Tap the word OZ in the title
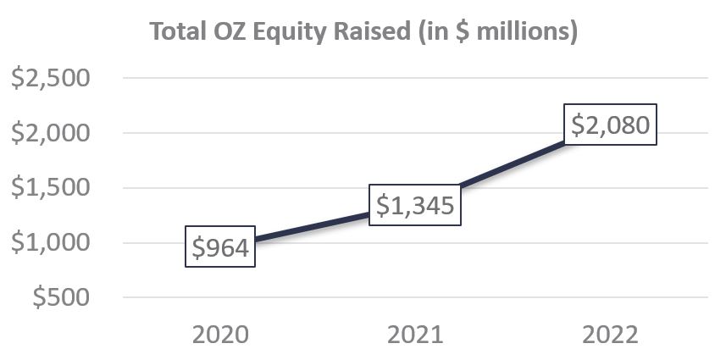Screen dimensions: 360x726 [233, 31]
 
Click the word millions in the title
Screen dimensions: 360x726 [524, 31]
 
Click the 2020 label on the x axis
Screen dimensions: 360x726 [220, 334]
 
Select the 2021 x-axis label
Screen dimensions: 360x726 [415, 334]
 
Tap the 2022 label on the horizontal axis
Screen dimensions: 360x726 [610, 334]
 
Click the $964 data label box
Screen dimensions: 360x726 [220, 248]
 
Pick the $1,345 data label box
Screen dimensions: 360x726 [415, 205]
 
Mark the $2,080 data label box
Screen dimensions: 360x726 [610, 125]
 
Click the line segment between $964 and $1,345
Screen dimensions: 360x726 [313, 227]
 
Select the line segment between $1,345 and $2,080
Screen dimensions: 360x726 [508, 168]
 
